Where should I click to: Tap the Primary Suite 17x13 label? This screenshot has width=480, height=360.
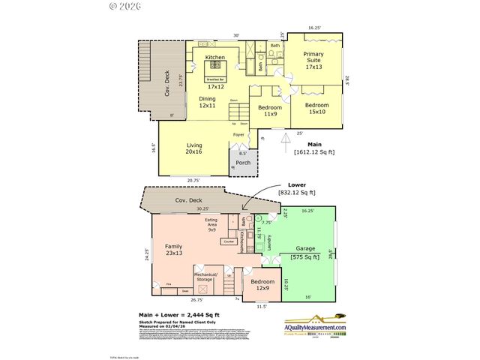pyautogui.click(x=313, y=61)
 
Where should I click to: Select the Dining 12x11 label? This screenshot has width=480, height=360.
pyautogui.click(x=208, y=103)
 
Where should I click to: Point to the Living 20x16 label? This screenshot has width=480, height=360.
pyautogui.click(x=194, y=148)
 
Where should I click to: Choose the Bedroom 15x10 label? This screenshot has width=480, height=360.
pyautogui.click(x=316, y=109)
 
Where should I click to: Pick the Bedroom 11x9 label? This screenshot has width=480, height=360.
pyautogui.click(x=269, y=111)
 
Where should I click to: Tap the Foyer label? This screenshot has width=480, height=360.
pyautogui.click(x=239, y=135)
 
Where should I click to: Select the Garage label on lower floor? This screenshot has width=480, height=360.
pyautogui.click(x=305, y=247)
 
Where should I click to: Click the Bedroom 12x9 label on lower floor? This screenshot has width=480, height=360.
pyautogui.click(x=262, y=285)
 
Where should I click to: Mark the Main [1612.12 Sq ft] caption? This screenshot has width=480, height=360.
pyautogui.click(x=314, y=148)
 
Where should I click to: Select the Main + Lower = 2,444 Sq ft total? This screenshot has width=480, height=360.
pyautogui.click(x=177, y=315)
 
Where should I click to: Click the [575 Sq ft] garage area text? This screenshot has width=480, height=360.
pyautogui.click(x=305, y=258)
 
